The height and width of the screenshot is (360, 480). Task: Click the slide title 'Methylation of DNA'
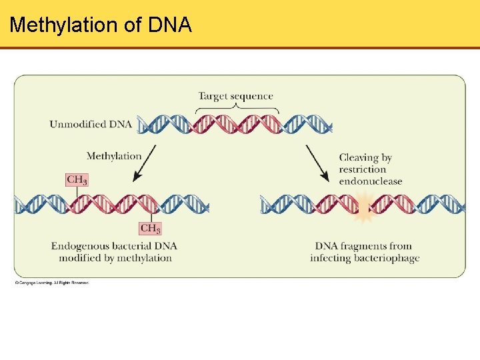pos(101,25)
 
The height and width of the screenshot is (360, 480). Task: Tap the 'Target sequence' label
pos(235,96)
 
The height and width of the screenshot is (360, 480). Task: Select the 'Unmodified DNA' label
pos(91,124)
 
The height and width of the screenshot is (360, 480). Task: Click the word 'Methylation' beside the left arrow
pos(114,156)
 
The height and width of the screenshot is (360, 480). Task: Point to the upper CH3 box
pos(77,180)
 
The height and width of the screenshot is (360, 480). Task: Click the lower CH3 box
pos(151,228)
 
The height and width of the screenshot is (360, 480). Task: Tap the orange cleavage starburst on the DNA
pos(365,206)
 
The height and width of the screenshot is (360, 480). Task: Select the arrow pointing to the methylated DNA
pos(145,163)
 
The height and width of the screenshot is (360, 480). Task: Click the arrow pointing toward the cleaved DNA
pos(317,163)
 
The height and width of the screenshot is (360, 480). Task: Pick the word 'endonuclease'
pos(371,181)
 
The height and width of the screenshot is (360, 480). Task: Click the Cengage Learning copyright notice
pos(52,283)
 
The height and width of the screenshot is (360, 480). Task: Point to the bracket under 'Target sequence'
pos(235,107)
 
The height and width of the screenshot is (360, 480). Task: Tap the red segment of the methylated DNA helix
pos(113,204)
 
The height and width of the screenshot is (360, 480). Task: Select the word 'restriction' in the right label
pos(363,169)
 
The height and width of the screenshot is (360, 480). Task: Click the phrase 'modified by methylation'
pos(115,258)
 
